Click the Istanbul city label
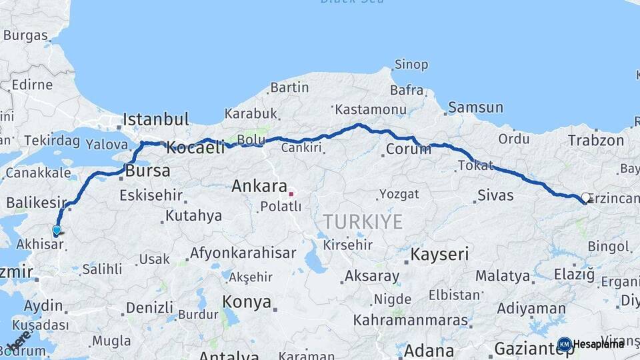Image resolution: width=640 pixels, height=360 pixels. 155,120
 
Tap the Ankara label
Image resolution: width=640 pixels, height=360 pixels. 259,187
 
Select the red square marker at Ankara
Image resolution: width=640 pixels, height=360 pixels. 291,193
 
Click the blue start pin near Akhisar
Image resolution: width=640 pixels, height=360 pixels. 57,230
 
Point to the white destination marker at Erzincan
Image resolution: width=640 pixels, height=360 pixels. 586,197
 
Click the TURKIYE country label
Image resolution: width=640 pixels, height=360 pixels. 363,222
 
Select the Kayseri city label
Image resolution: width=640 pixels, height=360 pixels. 439,254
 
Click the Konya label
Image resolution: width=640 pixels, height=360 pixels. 247,301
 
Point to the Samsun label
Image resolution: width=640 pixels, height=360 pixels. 475,107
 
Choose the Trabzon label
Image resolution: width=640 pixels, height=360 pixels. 596,141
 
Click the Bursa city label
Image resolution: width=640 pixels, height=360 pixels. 147,171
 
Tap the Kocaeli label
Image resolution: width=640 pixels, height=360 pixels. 195,148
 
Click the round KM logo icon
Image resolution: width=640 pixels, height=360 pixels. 565,344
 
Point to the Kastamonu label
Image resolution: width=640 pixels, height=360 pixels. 370,109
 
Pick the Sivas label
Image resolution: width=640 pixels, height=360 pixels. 495,195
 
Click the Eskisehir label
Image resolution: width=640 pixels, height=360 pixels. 151,195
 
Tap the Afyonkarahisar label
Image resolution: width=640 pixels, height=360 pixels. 243,253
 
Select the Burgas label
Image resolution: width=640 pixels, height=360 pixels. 25,35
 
